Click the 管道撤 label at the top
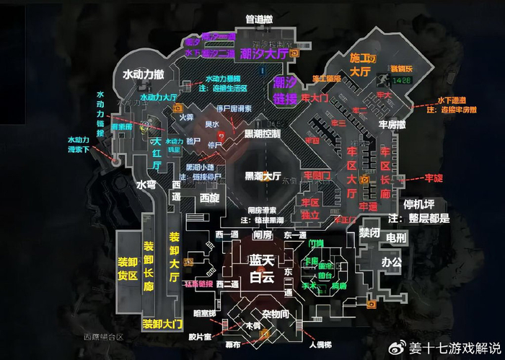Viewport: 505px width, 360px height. [259, 19]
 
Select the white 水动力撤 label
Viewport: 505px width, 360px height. [144, 75]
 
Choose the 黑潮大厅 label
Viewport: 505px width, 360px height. [263, 175]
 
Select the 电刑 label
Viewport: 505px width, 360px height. [396, 237]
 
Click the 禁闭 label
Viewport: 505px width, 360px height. [369, 232]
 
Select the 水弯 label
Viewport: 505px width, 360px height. [146, 185]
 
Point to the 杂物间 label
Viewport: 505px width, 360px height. [275, 315]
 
